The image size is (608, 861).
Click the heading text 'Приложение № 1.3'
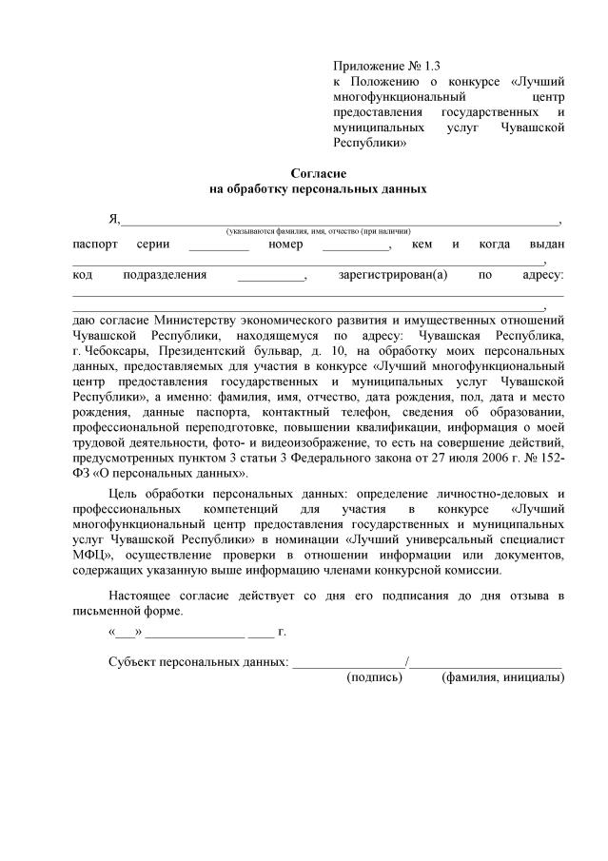pyautogui.click(x=375, y=67)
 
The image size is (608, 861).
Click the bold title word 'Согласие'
pyautogui.click(x=318, y=173)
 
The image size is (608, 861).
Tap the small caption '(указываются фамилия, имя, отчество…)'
pyautogui.click(x=318, y=231)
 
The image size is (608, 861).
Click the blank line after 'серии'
pyautogui.click(x=219, y=246)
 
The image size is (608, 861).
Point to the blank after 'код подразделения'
pyautogui.click(x=270, y=278)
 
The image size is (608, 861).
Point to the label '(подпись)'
pyautogui.click(x=376, y=678)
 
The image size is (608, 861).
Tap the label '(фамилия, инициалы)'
pyautogui.click(x=502, y=678)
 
